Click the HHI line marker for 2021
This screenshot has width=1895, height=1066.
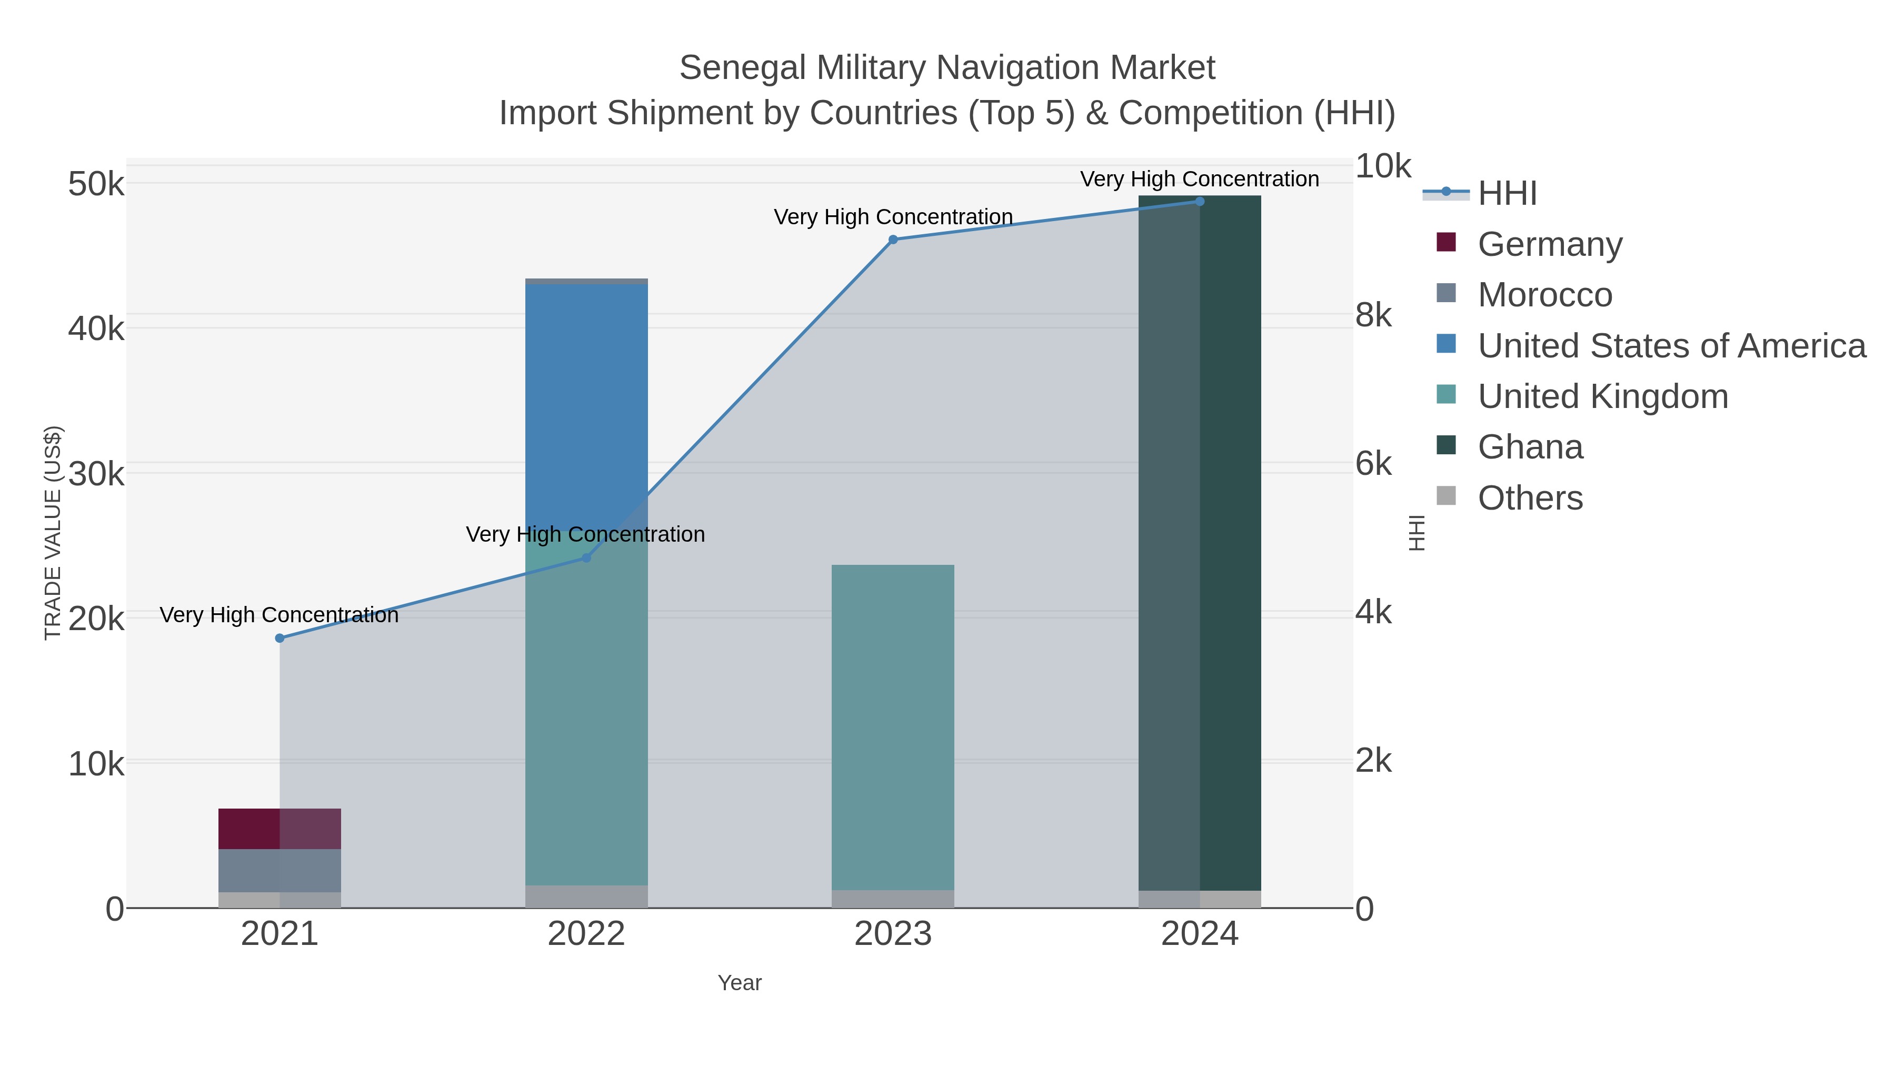tap(280, 638)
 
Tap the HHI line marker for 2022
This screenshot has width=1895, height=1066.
tap(586, 557)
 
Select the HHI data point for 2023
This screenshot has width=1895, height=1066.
tap(893, 239)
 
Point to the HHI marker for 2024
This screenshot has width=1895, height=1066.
tap(1200, 201)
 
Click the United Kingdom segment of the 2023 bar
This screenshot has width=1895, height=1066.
tap(893, 729)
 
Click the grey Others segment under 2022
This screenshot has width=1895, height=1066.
tap(586, 896)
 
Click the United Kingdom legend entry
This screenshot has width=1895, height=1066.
tap(1602, 396)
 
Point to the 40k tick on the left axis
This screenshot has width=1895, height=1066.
tap(96, 328)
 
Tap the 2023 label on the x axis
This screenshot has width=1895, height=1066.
tap(893, 933)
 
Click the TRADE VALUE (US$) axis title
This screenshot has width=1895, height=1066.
tap(53, 533)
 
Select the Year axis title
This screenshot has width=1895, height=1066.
tap(740, 983)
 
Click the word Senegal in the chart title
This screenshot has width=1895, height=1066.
tap(742, 68)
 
